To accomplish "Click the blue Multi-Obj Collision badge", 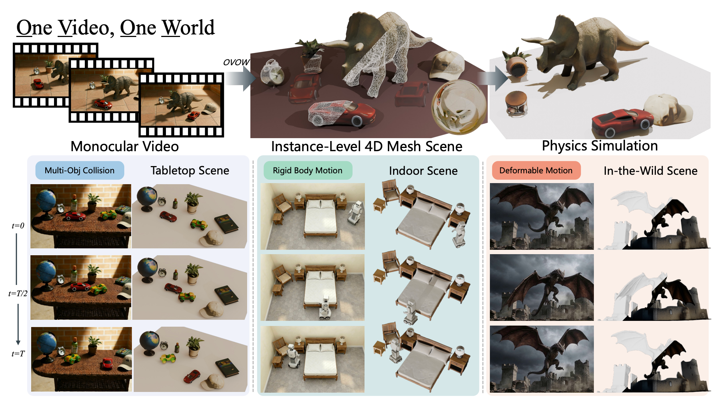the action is click(80, 170).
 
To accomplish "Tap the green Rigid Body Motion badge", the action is click(308, 170).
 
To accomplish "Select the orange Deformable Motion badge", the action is click(536, 170).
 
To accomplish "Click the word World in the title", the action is click(188, 28).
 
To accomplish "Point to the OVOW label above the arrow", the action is click(236, 62).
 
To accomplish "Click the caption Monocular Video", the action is click(125, 146).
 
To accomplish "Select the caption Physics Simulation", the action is click(600, 146).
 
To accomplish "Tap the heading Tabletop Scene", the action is click(190, 170).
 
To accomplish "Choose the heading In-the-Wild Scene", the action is click(650, 171).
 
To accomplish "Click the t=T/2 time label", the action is click(18, 294).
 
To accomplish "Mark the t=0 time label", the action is click(18, 226).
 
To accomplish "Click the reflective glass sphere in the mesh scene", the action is click(459, 107).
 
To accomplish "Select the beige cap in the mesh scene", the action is click(446, 65).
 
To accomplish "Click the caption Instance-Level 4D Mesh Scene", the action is click(367, 146).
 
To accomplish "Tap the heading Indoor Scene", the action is click(423, 171).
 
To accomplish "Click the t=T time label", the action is click(18, 354).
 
